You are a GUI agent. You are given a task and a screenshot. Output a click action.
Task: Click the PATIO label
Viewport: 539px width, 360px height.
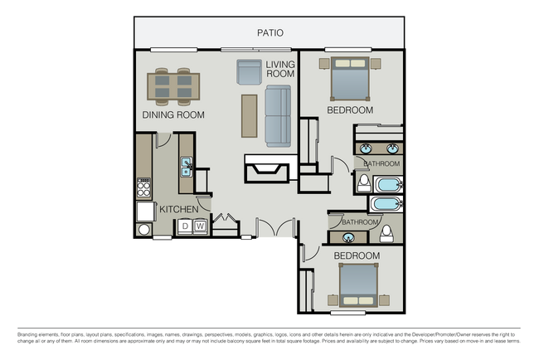[269, 33]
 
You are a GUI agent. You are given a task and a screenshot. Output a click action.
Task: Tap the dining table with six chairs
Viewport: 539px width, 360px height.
[173, 85]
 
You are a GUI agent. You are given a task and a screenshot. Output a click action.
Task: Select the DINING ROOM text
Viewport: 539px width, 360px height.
[173, 114]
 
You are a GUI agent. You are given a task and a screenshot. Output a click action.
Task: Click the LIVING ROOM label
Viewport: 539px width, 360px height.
[280, 69]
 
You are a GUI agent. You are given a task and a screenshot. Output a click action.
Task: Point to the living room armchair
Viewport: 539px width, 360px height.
[250, 72]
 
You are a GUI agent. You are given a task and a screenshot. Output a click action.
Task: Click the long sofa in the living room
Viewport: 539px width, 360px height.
[279, 116]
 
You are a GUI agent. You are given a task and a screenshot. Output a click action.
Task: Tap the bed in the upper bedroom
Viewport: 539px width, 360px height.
[352, 80]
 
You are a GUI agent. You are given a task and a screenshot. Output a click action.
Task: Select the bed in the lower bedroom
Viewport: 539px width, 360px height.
[359, 287]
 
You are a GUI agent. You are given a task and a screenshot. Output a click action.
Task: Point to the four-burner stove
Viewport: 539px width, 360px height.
[144, 187]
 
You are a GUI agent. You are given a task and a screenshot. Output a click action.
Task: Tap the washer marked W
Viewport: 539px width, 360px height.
[200, 226]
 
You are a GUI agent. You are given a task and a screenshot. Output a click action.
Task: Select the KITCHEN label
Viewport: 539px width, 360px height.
[178, 209]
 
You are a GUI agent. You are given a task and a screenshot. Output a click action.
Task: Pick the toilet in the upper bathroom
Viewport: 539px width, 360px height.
[363, 182]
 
